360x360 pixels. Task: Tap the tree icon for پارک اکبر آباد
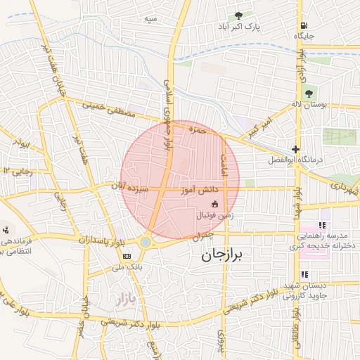[239, 15]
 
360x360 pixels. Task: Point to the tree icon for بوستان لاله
[308, 94]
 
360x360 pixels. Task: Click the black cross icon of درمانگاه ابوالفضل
[296, 149]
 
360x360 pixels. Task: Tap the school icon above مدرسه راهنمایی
[322, 225]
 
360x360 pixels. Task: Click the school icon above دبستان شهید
[304, 275]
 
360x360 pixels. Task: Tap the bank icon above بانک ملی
[127, 256]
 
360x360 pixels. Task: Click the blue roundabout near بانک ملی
[145, 242]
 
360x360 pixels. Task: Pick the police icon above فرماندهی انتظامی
[6, 229]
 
